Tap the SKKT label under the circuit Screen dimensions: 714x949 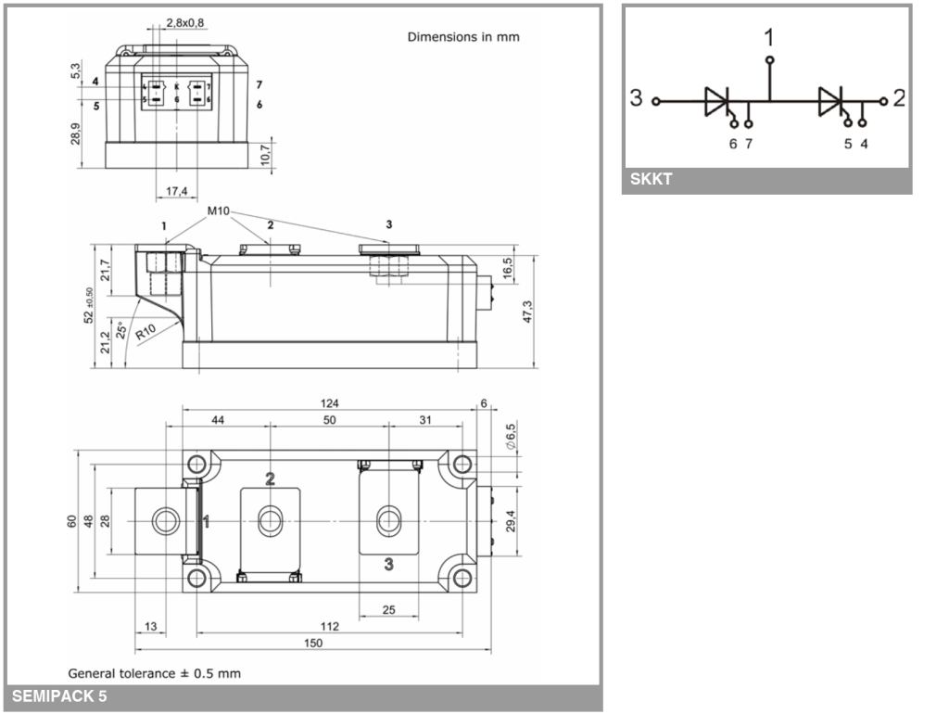coord(651,180)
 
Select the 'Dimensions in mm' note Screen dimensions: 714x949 coord(463,37)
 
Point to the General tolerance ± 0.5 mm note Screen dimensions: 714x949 coord(154,672)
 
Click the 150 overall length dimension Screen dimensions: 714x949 coord(314,643)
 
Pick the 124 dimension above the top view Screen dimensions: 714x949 coord(329,403)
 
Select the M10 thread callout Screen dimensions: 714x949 coord(219,211)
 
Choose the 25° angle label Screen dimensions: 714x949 coord(121,329)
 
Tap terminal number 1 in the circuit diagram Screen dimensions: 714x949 coord(769,37)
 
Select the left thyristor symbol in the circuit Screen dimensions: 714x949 coord(719,102)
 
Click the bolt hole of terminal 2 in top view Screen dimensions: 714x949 coord(270,520)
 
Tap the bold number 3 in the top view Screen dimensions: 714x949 coord(388,564)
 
